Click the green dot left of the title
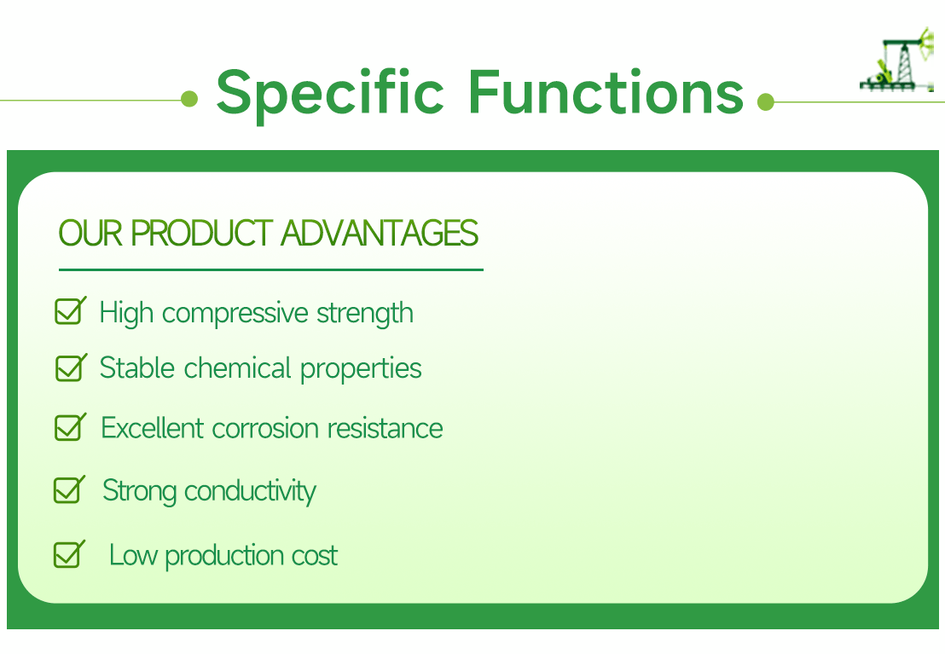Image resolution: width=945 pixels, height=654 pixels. coord(189,100)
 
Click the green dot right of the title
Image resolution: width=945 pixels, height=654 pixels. coord(765,102)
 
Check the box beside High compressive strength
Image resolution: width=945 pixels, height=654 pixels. coord(69,311)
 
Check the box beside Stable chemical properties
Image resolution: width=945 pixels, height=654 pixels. coord(70,368)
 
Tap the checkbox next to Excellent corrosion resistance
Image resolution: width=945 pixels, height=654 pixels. coord(69,426)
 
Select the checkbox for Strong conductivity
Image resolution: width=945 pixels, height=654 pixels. coord(68,489)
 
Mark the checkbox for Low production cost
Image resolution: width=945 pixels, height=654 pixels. coord(68,554)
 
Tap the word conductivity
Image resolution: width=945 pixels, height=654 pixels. coord(250,491)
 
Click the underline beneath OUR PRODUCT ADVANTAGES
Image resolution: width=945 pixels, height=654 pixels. coord(270,269)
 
